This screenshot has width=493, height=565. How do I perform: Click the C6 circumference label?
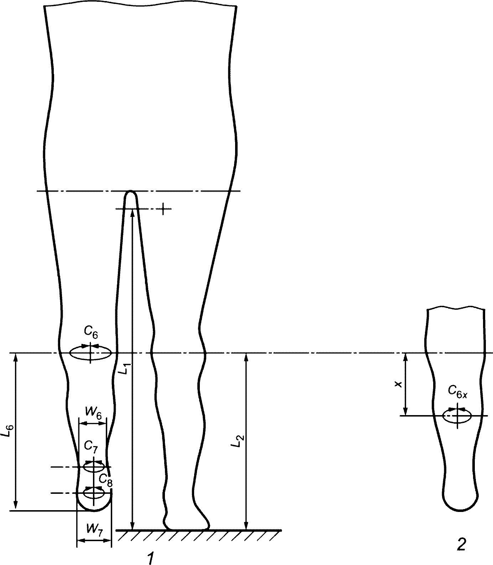coord(91,332)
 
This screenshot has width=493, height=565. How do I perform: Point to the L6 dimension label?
coord(10,431)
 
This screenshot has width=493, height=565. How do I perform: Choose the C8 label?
coord(106,479)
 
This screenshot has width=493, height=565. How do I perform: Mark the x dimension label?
coord(399,384)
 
